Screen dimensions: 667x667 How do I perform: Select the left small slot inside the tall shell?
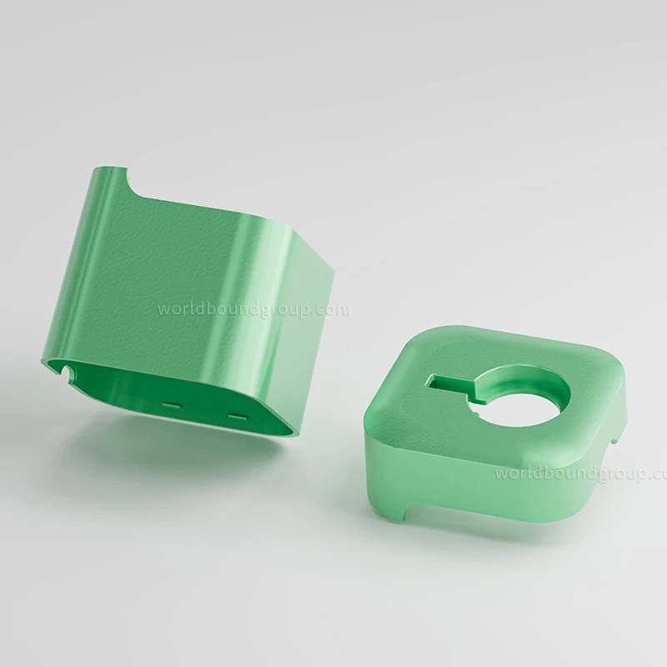click(172, 403)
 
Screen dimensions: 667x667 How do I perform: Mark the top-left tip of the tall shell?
click(94, 168)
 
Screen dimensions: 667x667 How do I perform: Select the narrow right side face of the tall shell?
click(313, 333)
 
